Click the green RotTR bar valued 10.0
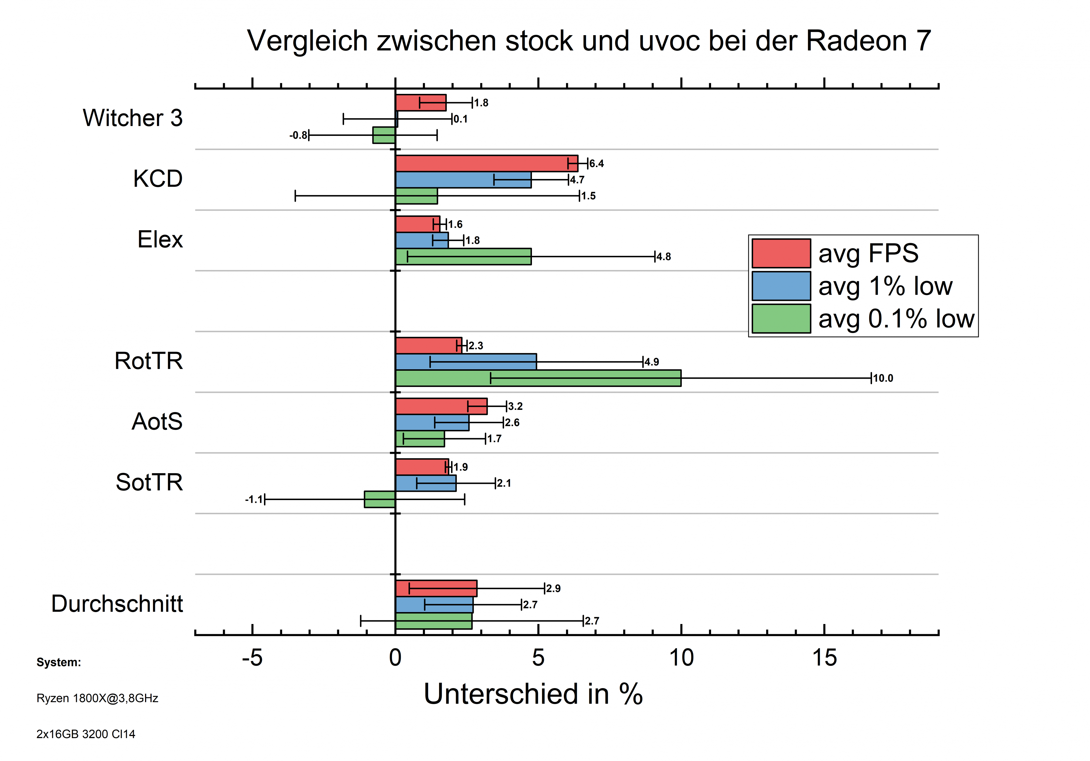(x=538, y=378)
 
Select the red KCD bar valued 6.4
(x=486, y=163)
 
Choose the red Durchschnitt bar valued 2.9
(x=436, y=588)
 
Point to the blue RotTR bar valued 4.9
(x=466, y=362)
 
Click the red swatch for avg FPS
(x=781, y=253)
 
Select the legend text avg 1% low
(x=885, y=286)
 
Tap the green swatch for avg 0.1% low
(x=781, y=318)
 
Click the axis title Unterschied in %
(x=533, y=694)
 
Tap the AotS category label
(x=157, y=421)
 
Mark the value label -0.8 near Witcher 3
(x=298, y=136)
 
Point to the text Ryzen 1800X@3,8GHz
(x=97, y=698)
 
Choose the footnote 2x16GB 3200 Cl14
(x=85, y=734)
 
